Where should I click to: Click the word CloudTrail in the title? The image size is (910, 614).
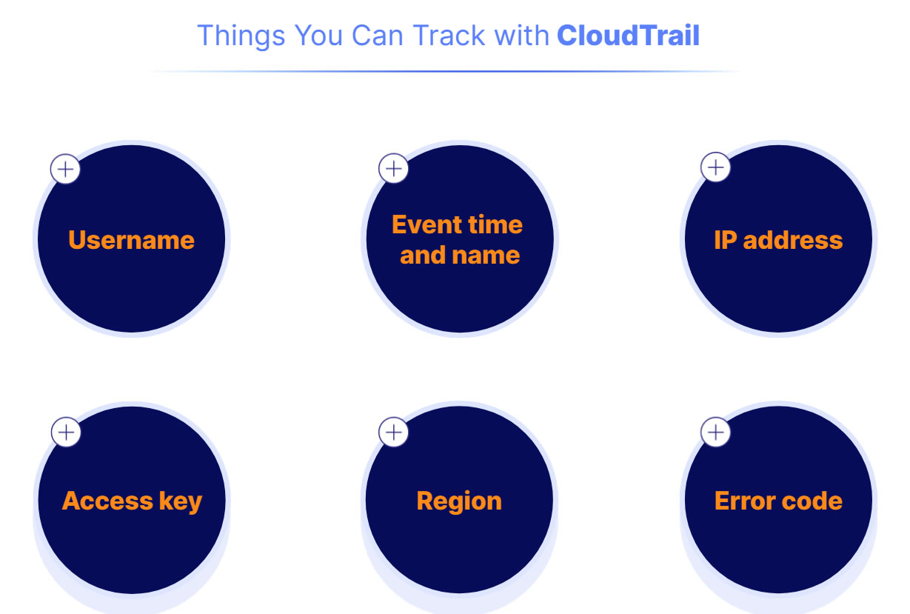tap(628, 36)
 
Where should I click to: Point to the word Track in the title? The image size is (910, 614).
tap(449, 36)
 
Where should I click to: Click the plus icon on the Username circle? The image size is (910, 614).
tap(65, 169)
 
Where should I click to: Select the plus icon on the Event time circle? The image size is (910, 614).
tap(393, 168)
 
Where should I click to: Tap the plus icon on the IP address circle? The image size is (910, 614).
tap(715, 167)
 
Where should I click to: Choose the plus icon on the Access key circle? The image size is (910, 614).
tap(66, 432)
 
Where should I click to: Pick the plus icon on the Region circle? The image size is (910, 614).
tap(393, 432)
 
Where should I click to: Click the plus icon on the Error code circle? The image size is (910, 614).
tap(715, 432)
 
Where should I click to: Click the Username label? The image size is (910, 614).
tap(131, 240)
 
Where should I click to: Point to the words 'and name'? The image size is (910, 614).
tap(460, 256)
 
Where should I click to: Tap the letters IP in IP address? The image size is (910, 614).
tap(726, 240)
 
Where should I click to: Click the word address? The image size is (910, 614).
tap(792, 240)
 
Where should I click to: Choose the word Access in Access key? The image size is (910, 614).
tap(107, 501)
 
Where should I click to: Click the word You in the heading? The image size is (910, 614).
tap(318, 36)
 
